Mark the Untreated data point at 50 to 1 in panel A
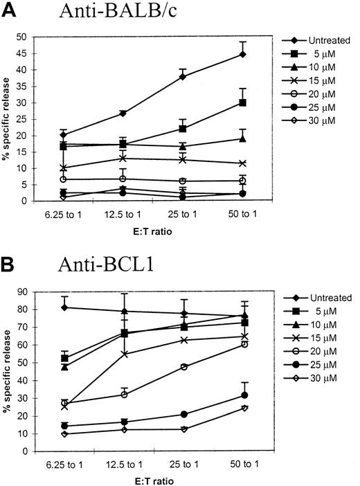pyautogui.click(x=243, y=54)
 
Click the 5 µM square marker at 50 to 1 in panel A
pyautogui.click(x=243, y=102)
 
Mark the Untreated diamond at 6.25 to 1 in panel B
pyautogui.click(x=64, y=307)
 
